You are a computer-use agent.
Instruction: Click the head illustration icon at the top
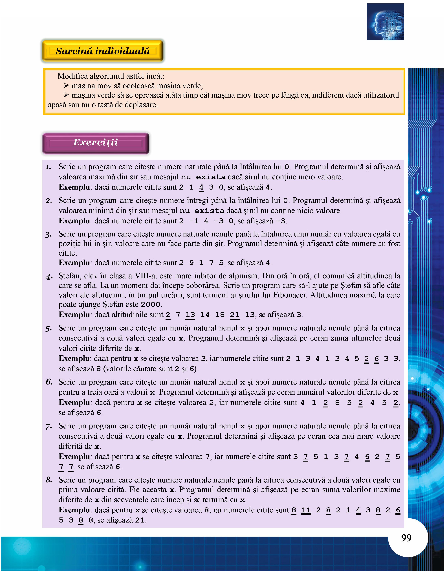point(385,22)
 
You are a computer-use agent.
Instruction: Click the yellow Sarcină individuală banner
point(103,51)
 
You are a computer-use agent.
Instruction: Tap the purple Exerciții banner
point(96,143)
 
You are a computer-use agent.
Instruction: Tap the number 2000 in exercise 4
point(150,305)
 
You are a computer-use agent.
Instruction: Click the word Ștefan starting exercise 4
point(69,276)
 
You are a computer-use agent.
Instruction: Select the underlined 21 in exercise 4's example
point(235,315)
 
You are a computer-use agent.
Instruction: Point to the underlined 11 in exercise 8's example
point(306,510)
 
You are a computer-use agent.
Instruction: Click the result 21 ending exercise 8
point(140,521)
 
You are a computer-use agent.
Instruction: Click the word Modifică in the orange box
point(72,76)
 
